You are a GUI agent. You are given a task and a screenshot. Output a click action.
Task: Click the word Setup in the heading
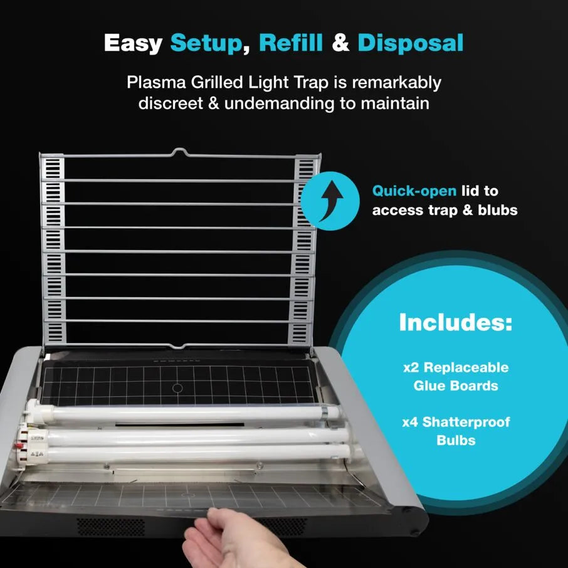pos(206,43)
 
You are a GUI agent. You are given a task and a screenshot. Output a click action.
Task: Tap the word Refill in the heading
pos(290,43)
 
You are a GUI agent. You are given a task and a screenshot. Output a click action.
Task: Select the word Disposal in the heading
pos(411,43)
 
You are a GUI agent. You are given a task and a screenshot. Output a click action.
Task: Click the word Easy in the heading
pos(133,44)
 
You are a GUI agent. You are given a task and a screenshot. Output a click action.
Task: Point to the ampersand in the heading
pos(340,43)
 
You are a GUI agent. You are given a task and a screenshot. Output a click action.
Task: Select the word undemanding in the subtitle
pos(279,103)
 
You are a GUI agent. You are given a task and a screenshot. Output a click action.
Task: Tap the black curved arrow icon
pos(331,201)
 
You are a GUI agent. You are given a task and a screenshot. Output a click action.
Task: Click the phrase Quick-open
pos(414,191)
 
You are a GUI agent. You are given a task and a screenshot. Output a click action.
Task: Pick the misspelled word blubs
pos(497,210)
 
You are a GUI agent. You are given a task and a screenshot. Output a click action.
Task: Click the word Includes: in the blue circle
pos(456,322)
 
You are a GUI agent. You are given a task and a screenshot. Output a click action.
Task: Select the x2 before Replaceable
pos(411,367)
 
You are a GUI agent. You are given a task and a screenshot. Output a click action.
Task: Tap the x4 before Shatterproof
pos(410,422)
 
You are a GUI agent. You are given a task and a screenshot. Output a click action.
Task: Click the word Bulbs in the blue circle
pos(456,440)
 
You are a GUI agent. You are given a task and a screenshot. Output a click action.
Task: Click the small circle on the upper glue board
pos(177,388)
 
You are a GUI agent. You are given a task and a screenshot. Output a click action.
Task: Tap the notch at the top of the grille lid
pos(179,152)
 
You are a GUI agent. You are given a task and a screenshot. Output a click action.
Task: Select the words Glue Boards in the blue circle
pos(456,386)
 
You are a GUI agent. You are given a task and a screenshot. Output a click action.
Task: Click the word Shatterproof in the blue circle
pos(466,423)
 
